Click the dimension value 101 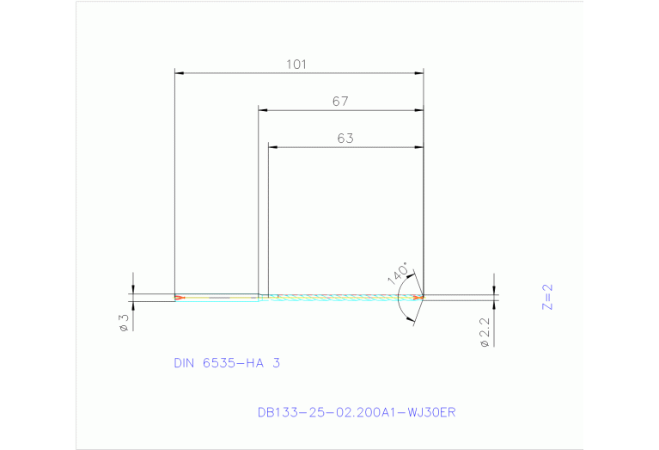pyautogui.click(x=297, y=65)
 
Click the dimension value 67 pyautogui.click(x=340, y=102)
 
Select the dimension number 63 pyautogui.click(x=345, y=139)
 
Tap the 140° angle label pyautogui.click(x=398, y=273)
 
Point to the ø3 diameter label pyautogui.click(x=124, y=322)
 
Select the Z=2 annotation pyautogui.click(x=547, y=295)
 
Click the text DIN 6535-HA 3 pyautogui.click(x=227, y=363)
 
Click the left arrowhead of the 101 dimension pyautogui.click(x=180, y=73)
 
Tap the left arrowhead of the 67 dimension pyautogui.click(x=265, y=110)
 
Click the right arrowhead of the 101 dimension pyautogui.click(x=418, y=73)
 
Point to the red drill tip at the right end pyautogui.click(x=418, y=298)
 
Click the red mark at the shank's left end pyautogui.click(x=178, y=299)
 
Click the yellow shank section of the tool pyautogui.click(x=219, y=299)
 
